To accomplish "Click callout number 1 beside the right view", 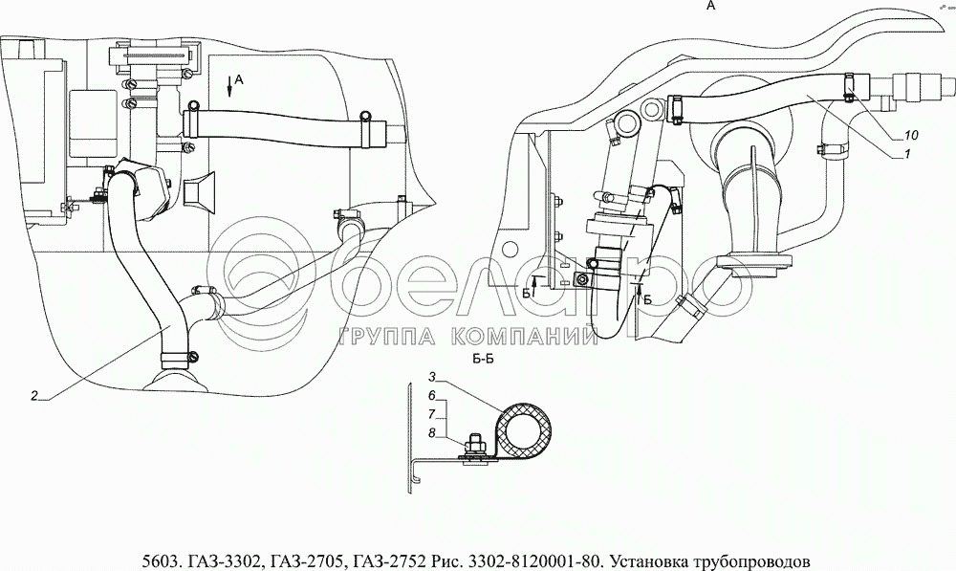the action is pos(906,155).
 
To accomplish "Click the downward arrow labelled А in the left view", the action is pos(229,87).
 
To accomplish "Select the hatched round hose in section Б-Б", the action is pos(525,428).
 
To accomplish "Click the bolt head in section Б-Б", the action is pos(475,440).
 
